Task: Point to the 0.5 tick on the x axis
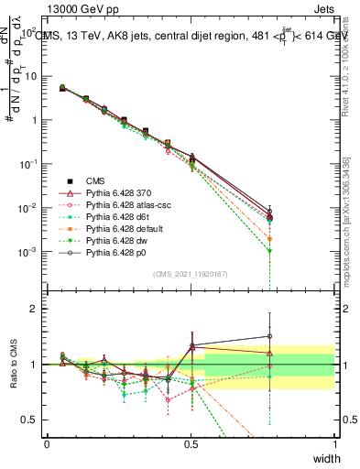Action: [191, 442]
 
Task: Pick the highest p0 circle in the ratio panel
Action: [269, 335]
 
